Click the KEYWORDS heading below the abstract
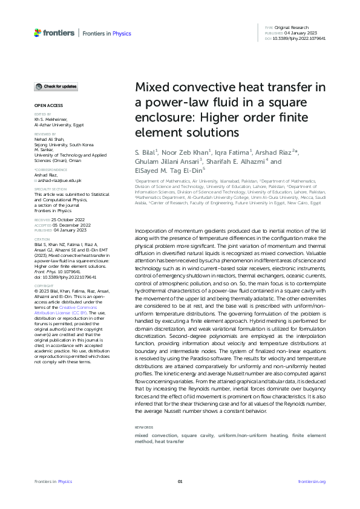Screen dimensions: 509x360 pyautogui.click(x=145, y=427)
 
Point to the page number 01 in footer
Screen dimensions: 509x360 pyautogui.click(x=180, y=481)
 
